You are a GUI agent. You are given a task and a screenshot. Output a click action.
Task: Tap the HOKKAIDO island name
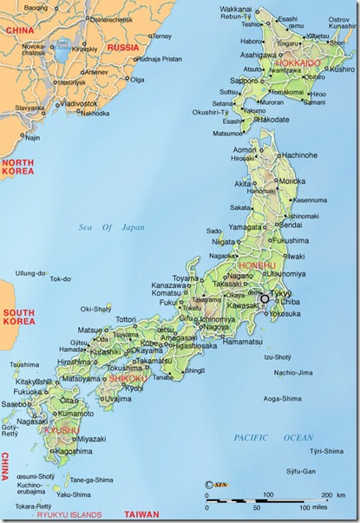tap(298, 63)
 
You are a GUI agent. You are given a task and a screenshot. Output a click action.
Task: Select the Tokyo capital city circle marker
tap(265, 298)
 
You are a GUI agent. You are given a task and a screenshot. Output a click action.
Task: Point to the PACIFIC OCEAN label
tap(275, 438)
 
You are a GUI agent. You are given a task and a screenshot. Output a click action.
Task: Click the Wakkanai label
tap(249, 9)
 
